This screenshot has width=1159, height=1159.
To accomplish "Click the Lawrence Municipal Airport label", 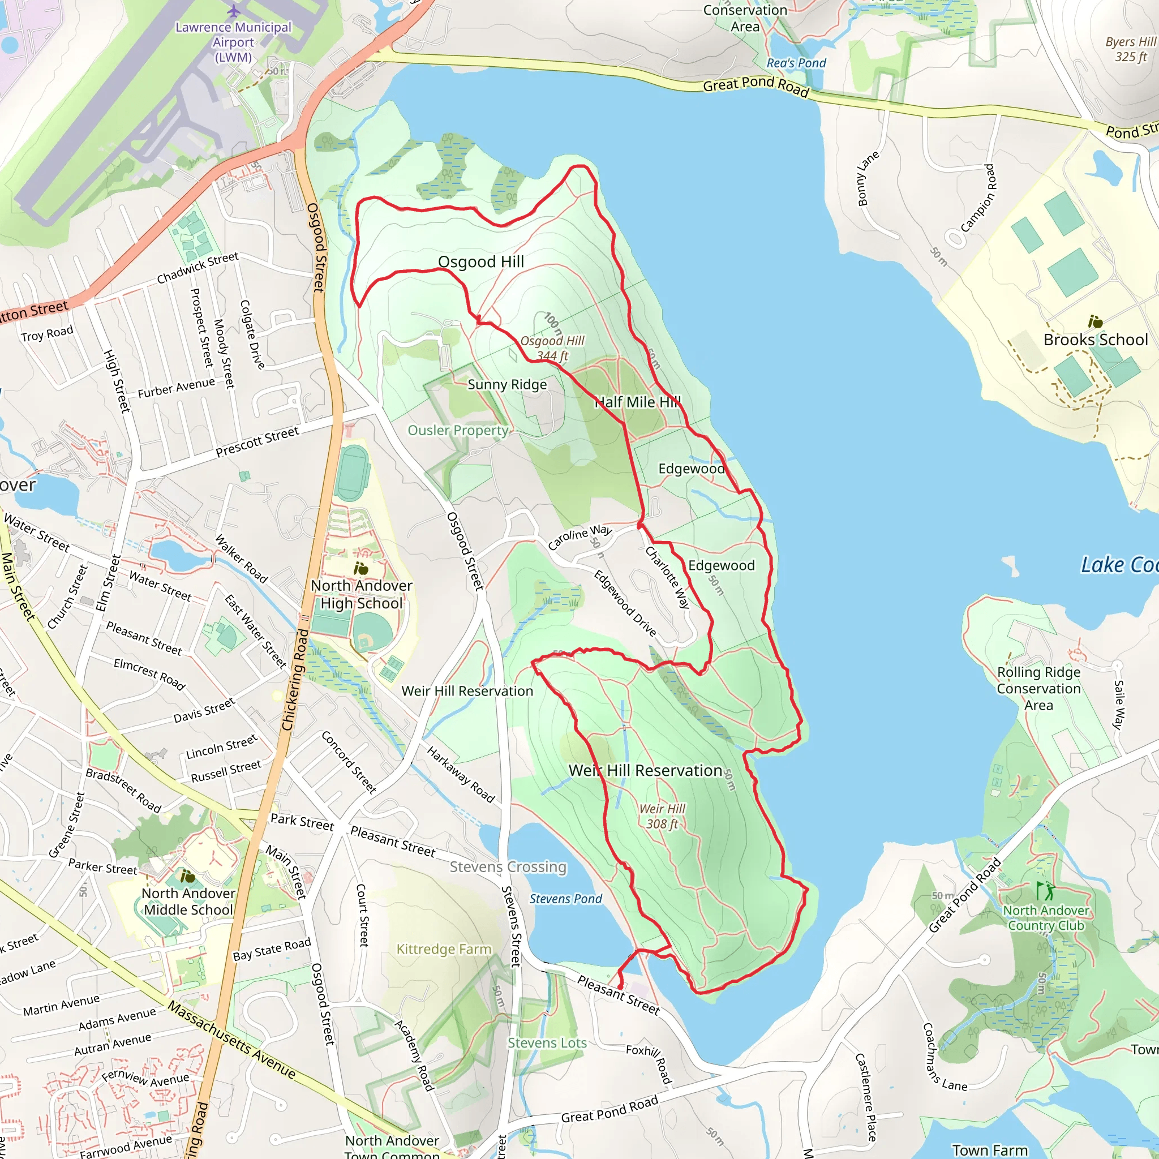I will point(233,42).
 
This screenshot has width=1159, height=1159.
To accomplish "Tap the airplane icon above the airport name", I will point(233,11).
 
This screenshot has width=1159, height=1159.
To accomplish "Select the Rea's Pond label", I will point(796,63).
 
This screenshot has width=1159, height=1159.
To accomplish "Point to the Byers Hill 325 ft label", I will point(1130,49).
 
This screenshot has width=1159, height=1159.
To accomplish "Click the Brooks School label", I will point(1096,340).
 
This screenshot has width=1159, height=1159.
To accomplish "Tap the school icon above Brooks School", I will point(1096,321).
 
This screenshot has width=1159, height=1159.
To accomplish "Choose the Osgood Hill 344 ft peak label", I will point(552,348).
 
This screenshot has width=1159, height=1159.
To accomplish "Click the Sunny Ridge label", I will point(507,384).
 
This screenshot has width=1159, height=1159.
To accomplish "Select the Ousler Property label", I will point(458,430).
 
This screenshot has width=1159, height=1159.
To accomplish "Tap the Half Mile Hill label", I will point(638,402).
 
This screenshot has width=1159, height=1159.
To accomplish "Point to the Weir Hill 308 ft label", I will point(662,817).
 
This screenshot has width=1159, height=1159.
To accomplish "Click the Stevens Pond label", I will point(565,899).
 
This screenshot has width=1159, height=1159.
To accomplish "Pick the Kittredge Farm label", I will point(444,949).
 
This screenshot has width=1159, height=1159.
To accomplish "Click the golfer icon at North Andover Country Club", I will point(1045,890).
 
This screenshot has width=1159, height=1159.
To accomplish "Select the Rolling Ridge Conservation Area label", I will point(1038,689).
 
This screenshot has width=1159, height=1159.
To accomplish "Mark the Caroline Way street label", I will point(579,537).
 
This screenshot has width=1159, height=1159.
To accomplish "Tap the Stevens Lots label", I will point(547,1043).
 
